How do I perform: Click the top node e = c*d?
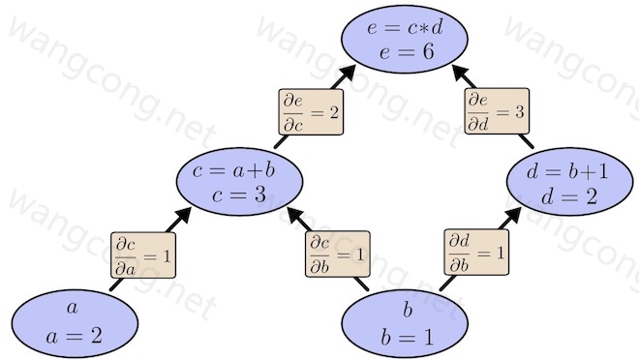pos(405,39)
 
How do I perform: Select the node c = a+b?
pos(240,181)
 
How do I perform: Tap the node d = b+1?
pos(569,181)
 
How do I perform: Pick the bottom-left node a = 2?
pos(75,324)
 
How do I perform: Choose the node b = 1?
pos(405,324)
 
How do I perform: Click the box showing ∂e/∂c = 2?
pos(311,112)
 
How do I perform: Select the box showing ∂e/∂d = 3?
pos(497,110)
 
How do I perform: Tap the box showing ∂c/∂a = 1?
pos(143,255)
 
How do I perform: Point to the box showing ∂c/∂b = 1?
pos(338,255)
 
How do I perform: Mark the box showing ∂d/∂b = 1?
pos(476,253)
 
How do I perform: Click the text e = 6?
pos(407,52)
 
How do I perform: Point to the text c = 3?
pos(239,195)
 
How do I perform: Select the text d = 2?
pos(569,197)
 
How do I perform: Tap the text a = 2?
pos(75,337)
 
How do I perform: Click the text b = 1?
pos(407,337)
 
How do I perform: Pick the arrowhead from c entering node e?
pos(347,74)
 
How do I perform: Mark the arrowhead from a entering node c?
pos(182,216)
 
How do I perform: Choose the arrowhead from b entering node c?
pos(296,216)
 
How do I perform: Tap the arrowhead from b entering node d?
pos(512,216)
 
